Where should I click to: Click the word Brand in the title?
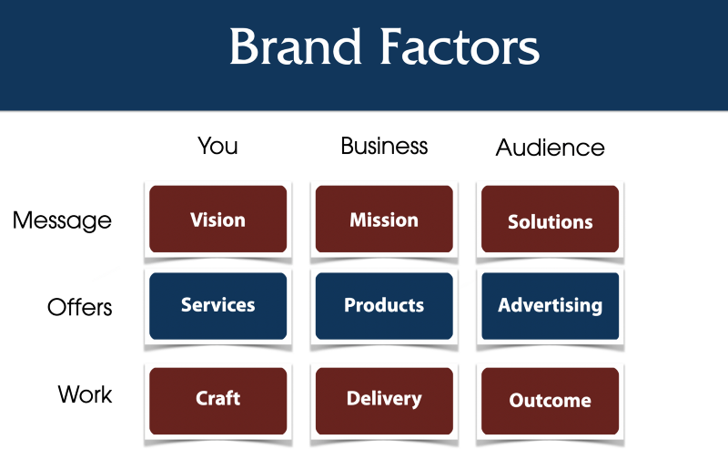point(295,46)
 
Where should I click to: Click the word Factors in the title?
point(460,46)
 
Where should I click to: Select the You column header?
point(217,146)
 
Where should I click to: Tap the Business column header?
point(384,146)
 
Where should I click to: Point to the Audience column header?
point(551,148)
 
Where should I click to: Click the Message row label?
point(62,220)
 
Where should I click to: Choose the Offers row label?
point(80,307)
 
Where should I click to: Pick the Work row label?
point(85,394)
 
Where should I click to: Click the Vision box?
point(217,219)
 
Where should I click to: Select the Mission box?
point(384,219)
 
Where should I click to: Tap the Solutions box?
point(551,219)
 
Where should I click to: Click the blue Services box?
point(217,306)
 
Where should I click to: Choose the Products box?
point(384,306)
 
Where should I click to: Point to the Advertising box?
point(551,306)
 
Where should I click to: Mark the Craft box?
point(217,401)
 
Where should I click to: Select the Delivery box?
point(384,401)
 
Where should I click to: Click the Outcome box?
point(551,401)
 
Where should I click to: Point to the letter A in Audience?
point(504,148)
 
